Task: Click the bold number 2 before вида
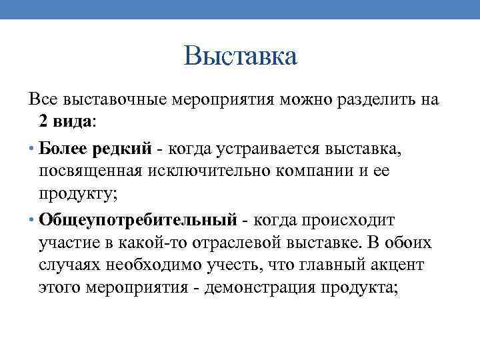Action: click(43, 123)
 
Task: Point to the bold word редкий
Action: click(116, 147)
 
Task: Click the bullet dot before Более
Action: click(32, 147)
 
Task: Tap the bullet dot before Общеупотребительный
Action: click(32, 219)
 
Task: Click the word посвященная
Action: click(87, 171)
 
